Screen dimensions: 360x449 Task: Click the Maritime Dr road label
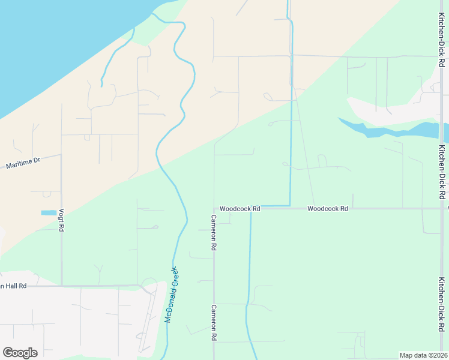tap(23, 161)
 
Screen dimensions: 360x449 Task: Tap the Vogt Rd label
tap(61, 220)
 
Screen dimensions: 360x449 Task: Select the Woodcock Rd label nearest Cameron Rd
tap(240, 209)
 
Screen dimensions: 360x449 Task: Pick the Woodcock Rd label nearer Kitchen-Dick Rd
tap(328, 209)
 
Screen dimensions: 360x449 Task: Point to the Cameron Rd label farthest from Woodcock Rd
tap(214, 323)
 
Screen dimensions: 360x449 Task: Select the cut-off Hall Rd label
tap(13, 286)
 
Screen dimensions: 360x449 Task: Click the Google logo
tap(20, 353)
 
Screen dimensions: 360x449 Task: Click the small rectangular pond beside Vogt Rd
tap(49, 213)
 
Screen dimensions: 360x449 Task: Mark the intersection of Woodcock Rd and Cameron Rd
tap(214, 209)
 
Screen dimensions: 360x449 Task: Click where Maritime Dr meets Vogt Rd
tap(61, 155)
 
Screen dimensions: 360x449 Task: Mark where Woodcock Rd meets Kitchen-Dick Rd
tap(442, 209)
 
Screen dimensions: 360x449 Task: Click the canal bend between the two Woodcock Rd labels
tap(291, 206)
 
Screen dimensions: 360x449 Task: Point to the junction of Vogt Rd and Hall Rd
tap(61, 286)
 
